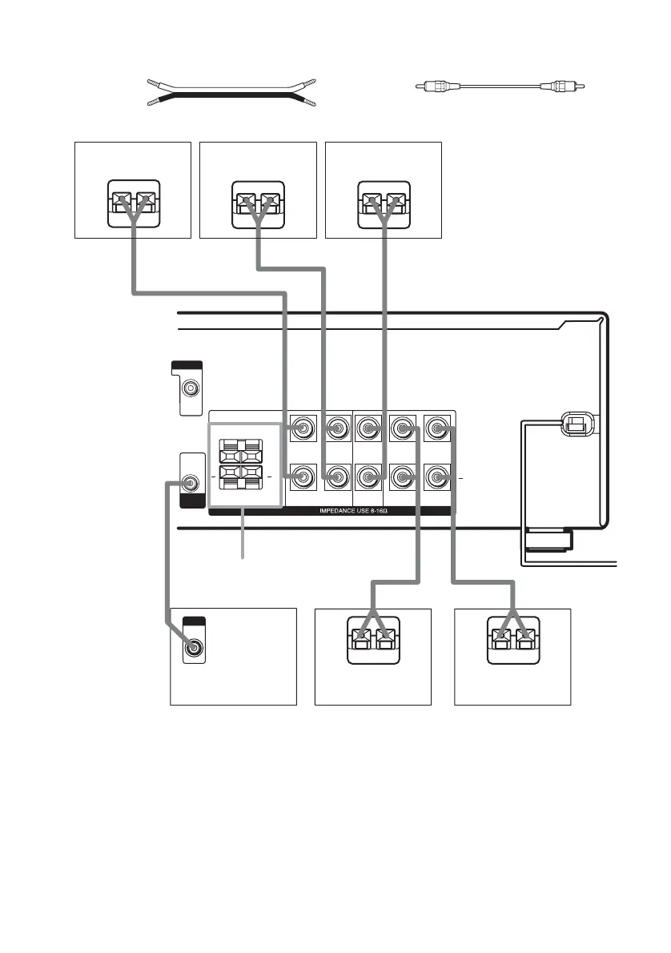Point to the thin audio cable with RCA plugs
[x=500, y=84]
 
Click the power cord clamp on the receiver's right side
[x=576, y=425]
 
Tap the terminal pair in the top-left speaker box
[x=133, y=200]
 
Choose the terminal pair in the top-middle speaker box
[x=258, y=200]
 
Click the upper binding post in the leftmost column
[x=303, y=428]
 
